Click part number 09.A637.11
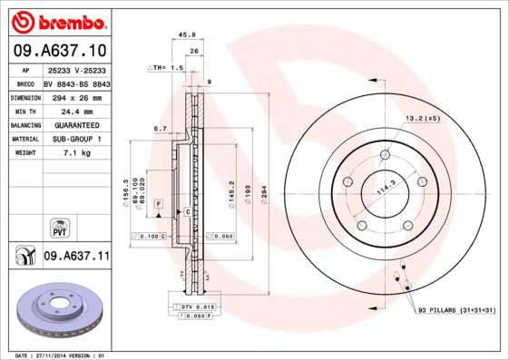(76, 257)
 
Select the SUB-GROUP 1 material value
(75, 139)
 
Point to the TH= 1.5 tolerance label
(167, 68)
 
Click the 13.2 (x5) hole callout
(422, 118)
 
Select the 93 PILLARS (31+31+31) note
(456, 311)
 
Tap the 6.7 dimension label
(160, 129)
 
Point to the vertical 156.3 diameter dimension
(123, 193)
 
